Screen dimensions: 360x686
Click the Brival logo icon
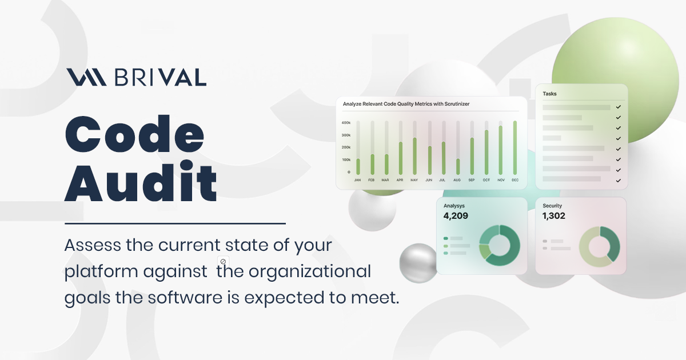[x=86, y=77]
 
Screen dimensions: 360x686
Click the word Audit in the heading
[x=141, y=182]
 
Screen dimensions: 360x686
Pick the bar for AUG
[x=457, y=166]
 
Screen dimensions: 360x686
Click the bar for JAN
[x=358, y=166]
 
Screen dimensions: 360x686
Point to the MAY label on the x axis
[x=414, y=180]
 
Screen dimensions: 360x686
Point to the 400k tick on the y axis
[x=346, y=123]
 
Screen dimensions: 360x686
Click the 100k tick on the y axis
[x=346, y=159]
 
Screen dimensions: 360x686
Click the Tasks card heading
[x=549, y=94]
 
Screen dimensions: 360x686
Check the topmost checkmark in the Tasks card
[x=618, y=107]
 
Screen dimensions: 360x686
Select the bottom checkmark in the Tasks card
[x=618, y=180]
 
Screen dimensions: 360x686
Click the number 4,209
[x=456, y=216]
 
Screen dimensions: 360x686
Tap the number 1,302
[x=554, y=216]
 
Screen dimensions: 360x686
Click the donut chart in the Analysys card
[x=499, y=245]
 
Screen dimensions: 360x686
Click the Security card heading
[x=552, y=206]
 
